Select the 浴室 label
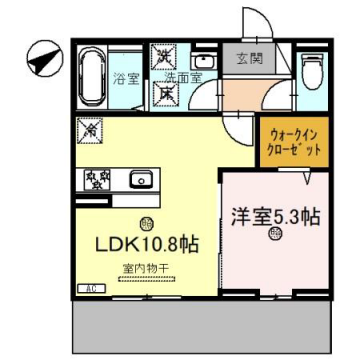click(x=125, y=77)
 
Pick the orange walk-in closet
click(x=291, y=140)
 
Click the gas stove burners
click(x=97, y=181)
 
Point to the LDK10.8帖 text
click(x=146, y=244)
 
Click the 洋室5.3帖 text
click(x=273, y=215)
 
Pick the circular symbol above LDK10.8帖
click(x=147, y=223)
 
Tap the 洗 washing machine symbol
click(x=160, y=56)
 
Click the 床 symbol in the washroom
click(x=160, y=91)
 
